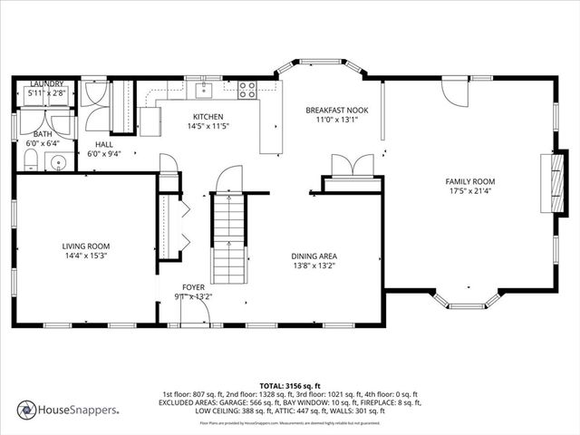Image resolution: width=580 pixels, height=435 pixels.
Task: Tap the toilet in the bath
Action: (30, 161)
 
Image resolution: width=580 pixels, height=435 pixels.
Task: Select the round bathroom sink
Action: (60, 164)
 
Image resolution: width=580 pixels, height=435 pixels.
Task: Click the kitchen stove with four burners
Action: (247, 90)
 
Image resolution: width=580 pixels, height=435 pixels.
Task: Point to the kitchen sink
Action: (206, 89)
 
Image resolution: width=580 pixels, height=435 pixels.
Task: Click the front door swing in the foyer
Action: (194, 314)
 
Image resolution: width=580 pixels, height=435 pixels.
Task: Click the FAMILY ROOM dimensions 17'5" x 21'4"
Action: (469, 191)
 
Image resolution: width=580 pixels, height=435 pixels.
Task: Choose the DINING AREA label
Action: (314, 256)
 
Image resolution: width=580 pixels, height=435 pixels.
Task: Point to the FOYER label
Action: (193, 286)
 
